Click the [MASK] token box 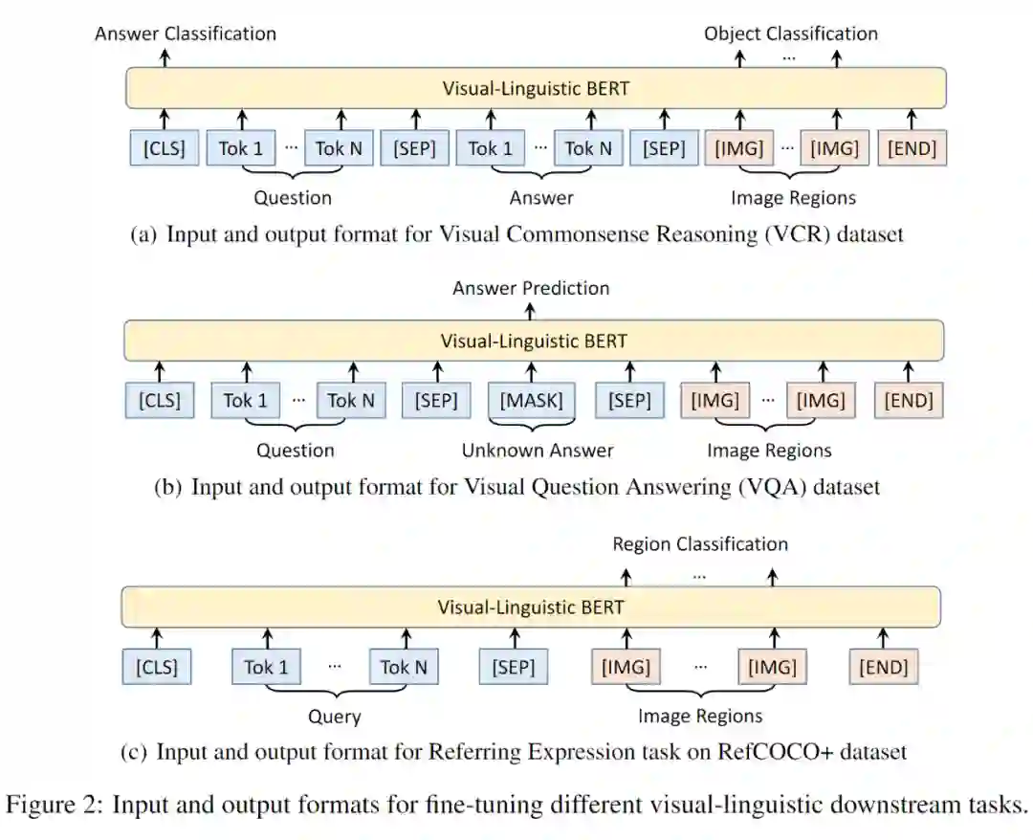[x=531, y=400]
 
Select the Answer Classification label [x=186, y=33]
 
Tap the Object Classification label [x=790, y=33]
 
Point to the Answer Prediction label [x=531, y=287]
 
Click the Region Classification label [x=700, y=543]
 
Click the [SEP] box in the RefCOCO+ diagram [x=514, y=667]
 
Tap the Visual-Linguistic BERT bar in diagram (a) [x=536, y=89]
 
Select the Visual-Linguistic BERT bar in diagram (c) [x=531, y=607]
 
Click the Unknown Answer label [x=538, y=450]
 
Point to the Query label [x=334, y=716]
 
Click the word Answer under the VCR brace [x=541, y=198]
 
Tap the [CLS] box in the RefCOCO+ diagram [x=157, y=667]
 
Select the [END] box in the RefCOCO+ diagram [x=883, y=667]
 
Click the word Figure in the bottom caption [x=41, y=804]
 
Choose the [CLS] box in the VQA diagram [x=159, y=400]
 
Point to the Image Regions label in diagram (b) [x=769, y=450]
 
